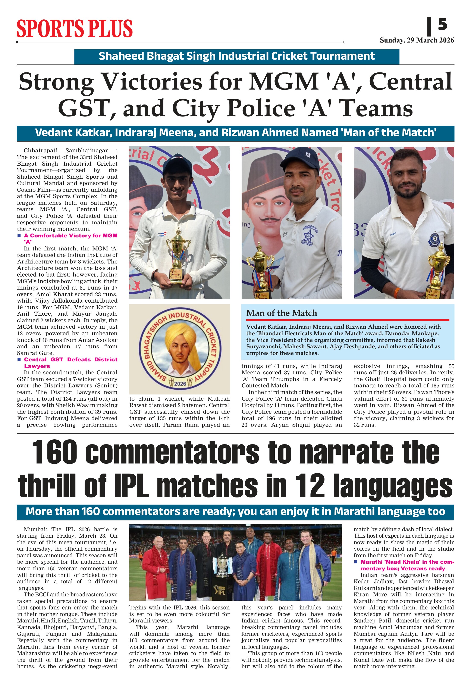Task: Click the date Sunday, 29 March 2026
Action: pyautogui.click(x=417, y=40)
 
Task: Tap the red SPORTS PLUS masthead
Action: pyautogui.click(x=75, y=29)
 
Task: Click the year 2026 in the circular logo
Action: pyautogui.click(x=180, y=384)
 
